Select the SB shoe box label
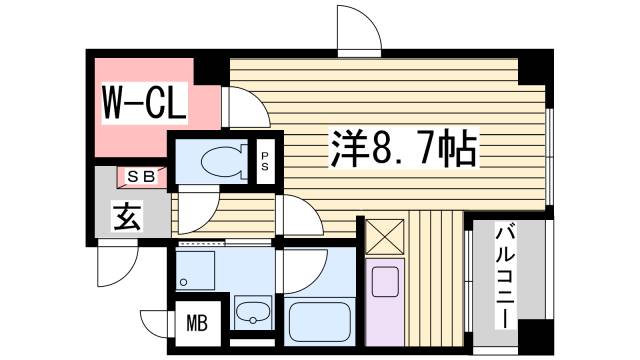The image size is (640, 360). [140, 176]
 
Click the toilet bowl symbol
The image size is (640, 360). [217, 160]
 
